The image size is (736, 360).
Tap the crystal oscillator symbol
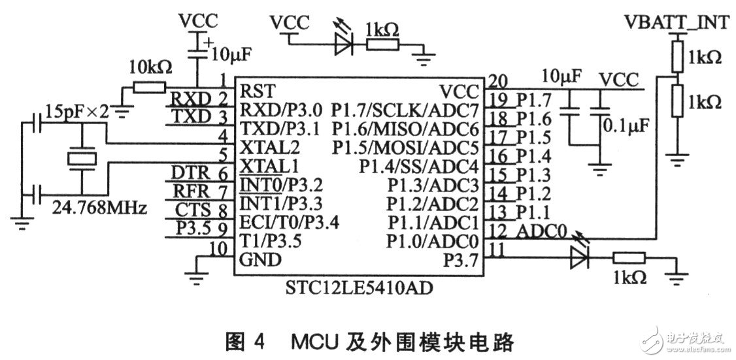tap(82, 159)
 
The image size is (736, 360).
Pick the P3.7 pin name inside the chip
tap(460, 261)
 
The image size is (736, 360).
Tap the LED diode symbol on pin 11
tap(579, 259)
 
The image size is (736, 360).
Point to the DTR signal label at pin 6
tap(190, 172)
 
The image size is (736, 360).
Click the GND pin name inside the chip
tap(261, 260)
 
